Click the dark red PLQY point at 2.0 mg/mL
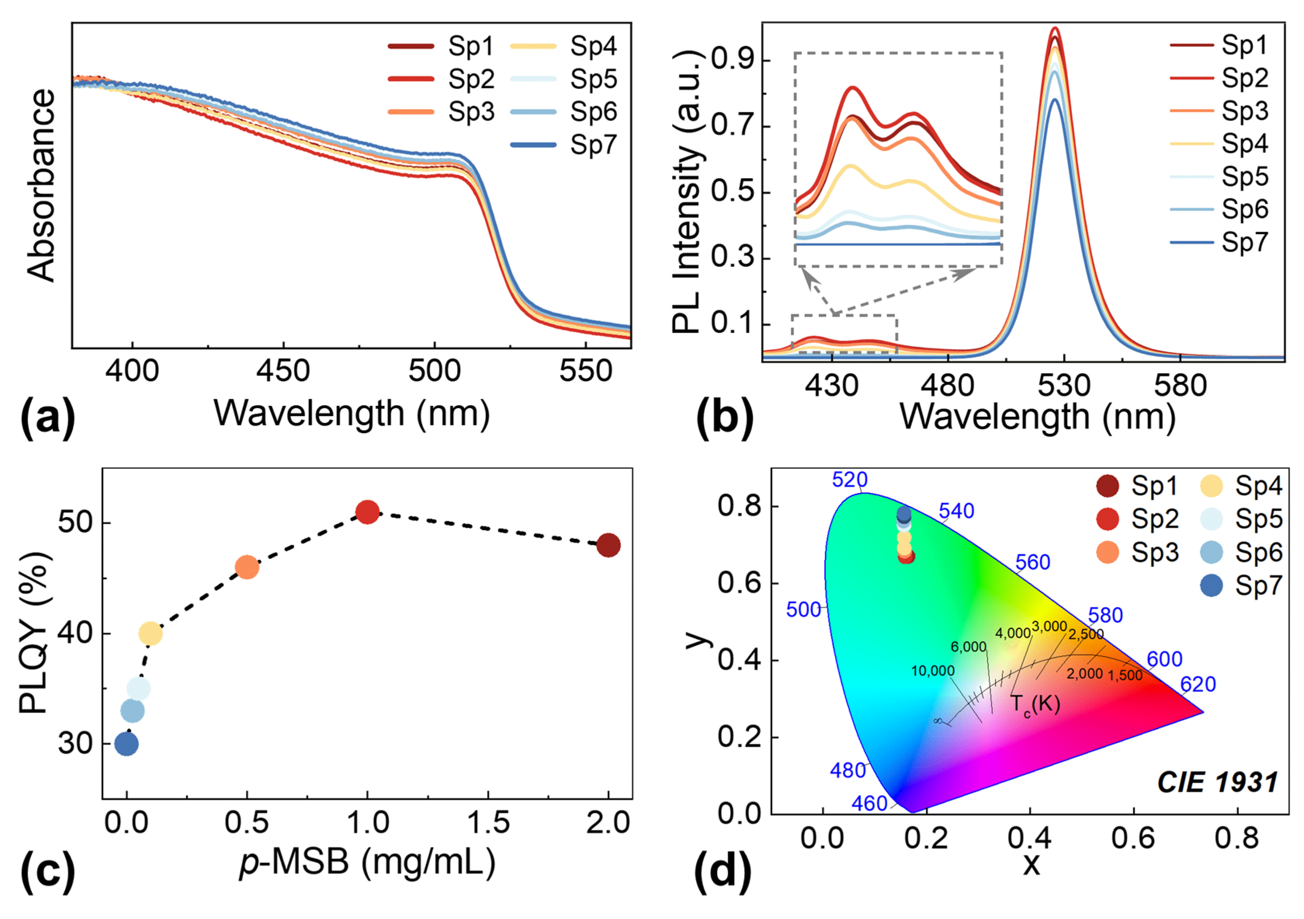click(x=608, y=545)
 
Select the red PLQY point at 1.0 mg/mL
click(x=368, y=512)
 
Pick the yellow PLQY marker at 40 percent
click(x=151, y=633)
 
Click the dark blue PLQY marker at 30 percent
click(x=127, y=743)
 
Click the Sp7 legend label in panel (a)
click(x=593, y=145)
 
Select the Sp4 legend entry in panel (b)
click(x=1244, y=144)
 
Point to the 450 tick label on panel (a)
click(x=283, y=371)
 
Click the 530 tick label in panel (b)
click(x=1064, y=386)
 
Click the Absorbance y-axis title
click(x=41, y=185)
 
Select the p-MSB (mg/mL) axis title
click(x=367, y=862)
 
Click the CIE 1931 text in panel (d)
click(x=1217, y=783)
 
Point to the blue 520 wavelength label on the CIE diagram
click(x=850, y=480)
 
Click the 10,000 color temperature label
click(x=933, y=671)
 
